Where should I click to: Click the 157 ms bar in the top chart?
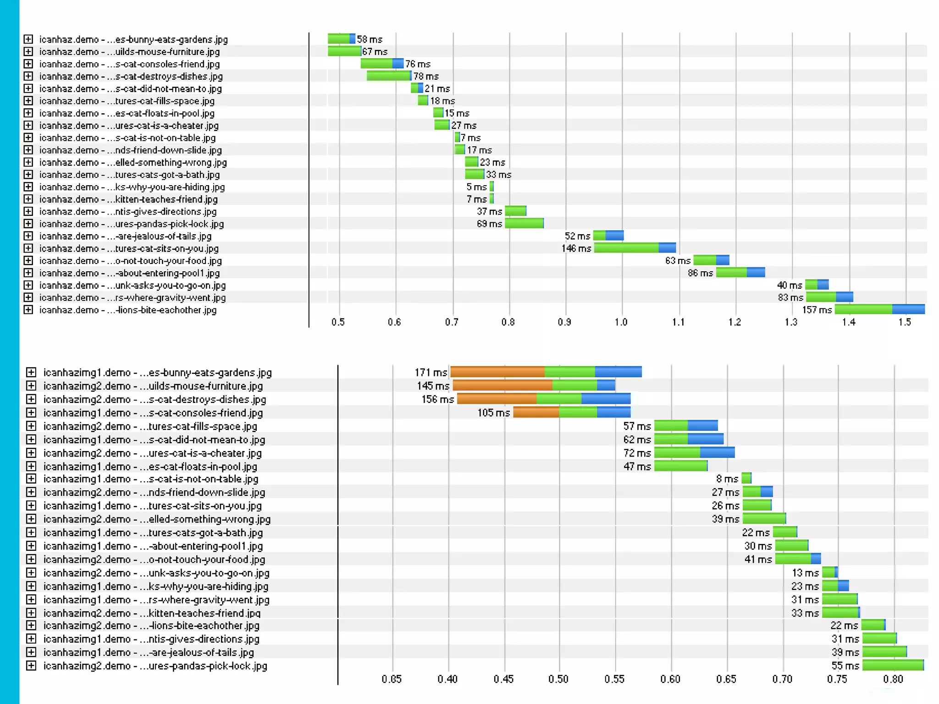coord(879,309)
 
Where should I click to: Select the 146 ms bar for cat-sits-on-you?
coord(635,248)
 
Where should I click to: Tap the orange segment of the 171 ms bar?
coord(497,372)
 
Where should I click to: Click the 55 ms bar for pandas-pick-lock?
coord(893,665)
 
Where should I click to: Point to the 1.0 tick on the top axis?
coord(621,322)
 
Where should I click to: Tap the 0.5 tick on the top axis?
coord(338,322)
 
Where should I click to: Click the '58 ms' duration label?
coord(370,39)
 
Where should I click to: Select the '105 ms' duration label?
coord(493,412)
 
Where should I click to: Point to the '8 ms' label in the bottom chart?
coord(727,479)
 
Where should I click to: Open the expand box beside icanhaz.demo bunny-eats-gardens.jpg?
coord(28,39)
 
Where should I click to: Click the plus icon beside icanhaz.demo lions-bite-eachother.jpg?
coord(28,309)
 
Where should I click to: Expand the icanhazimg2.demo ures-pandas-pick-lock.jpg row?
coord(31,665)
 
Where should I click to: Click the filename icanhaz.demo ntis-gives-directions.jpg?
coord(128,212)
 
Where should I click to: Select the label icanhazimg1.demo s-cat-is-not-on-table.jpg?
coord(151,479)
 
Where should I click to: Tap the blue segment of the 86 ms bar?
coord(756,273)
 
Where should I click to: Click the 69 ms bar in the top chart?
coord(524,224)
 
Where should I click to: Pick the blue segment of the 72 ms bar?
coord(717,453)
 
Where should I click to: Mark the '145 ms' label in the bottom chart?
coord(433,386)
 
